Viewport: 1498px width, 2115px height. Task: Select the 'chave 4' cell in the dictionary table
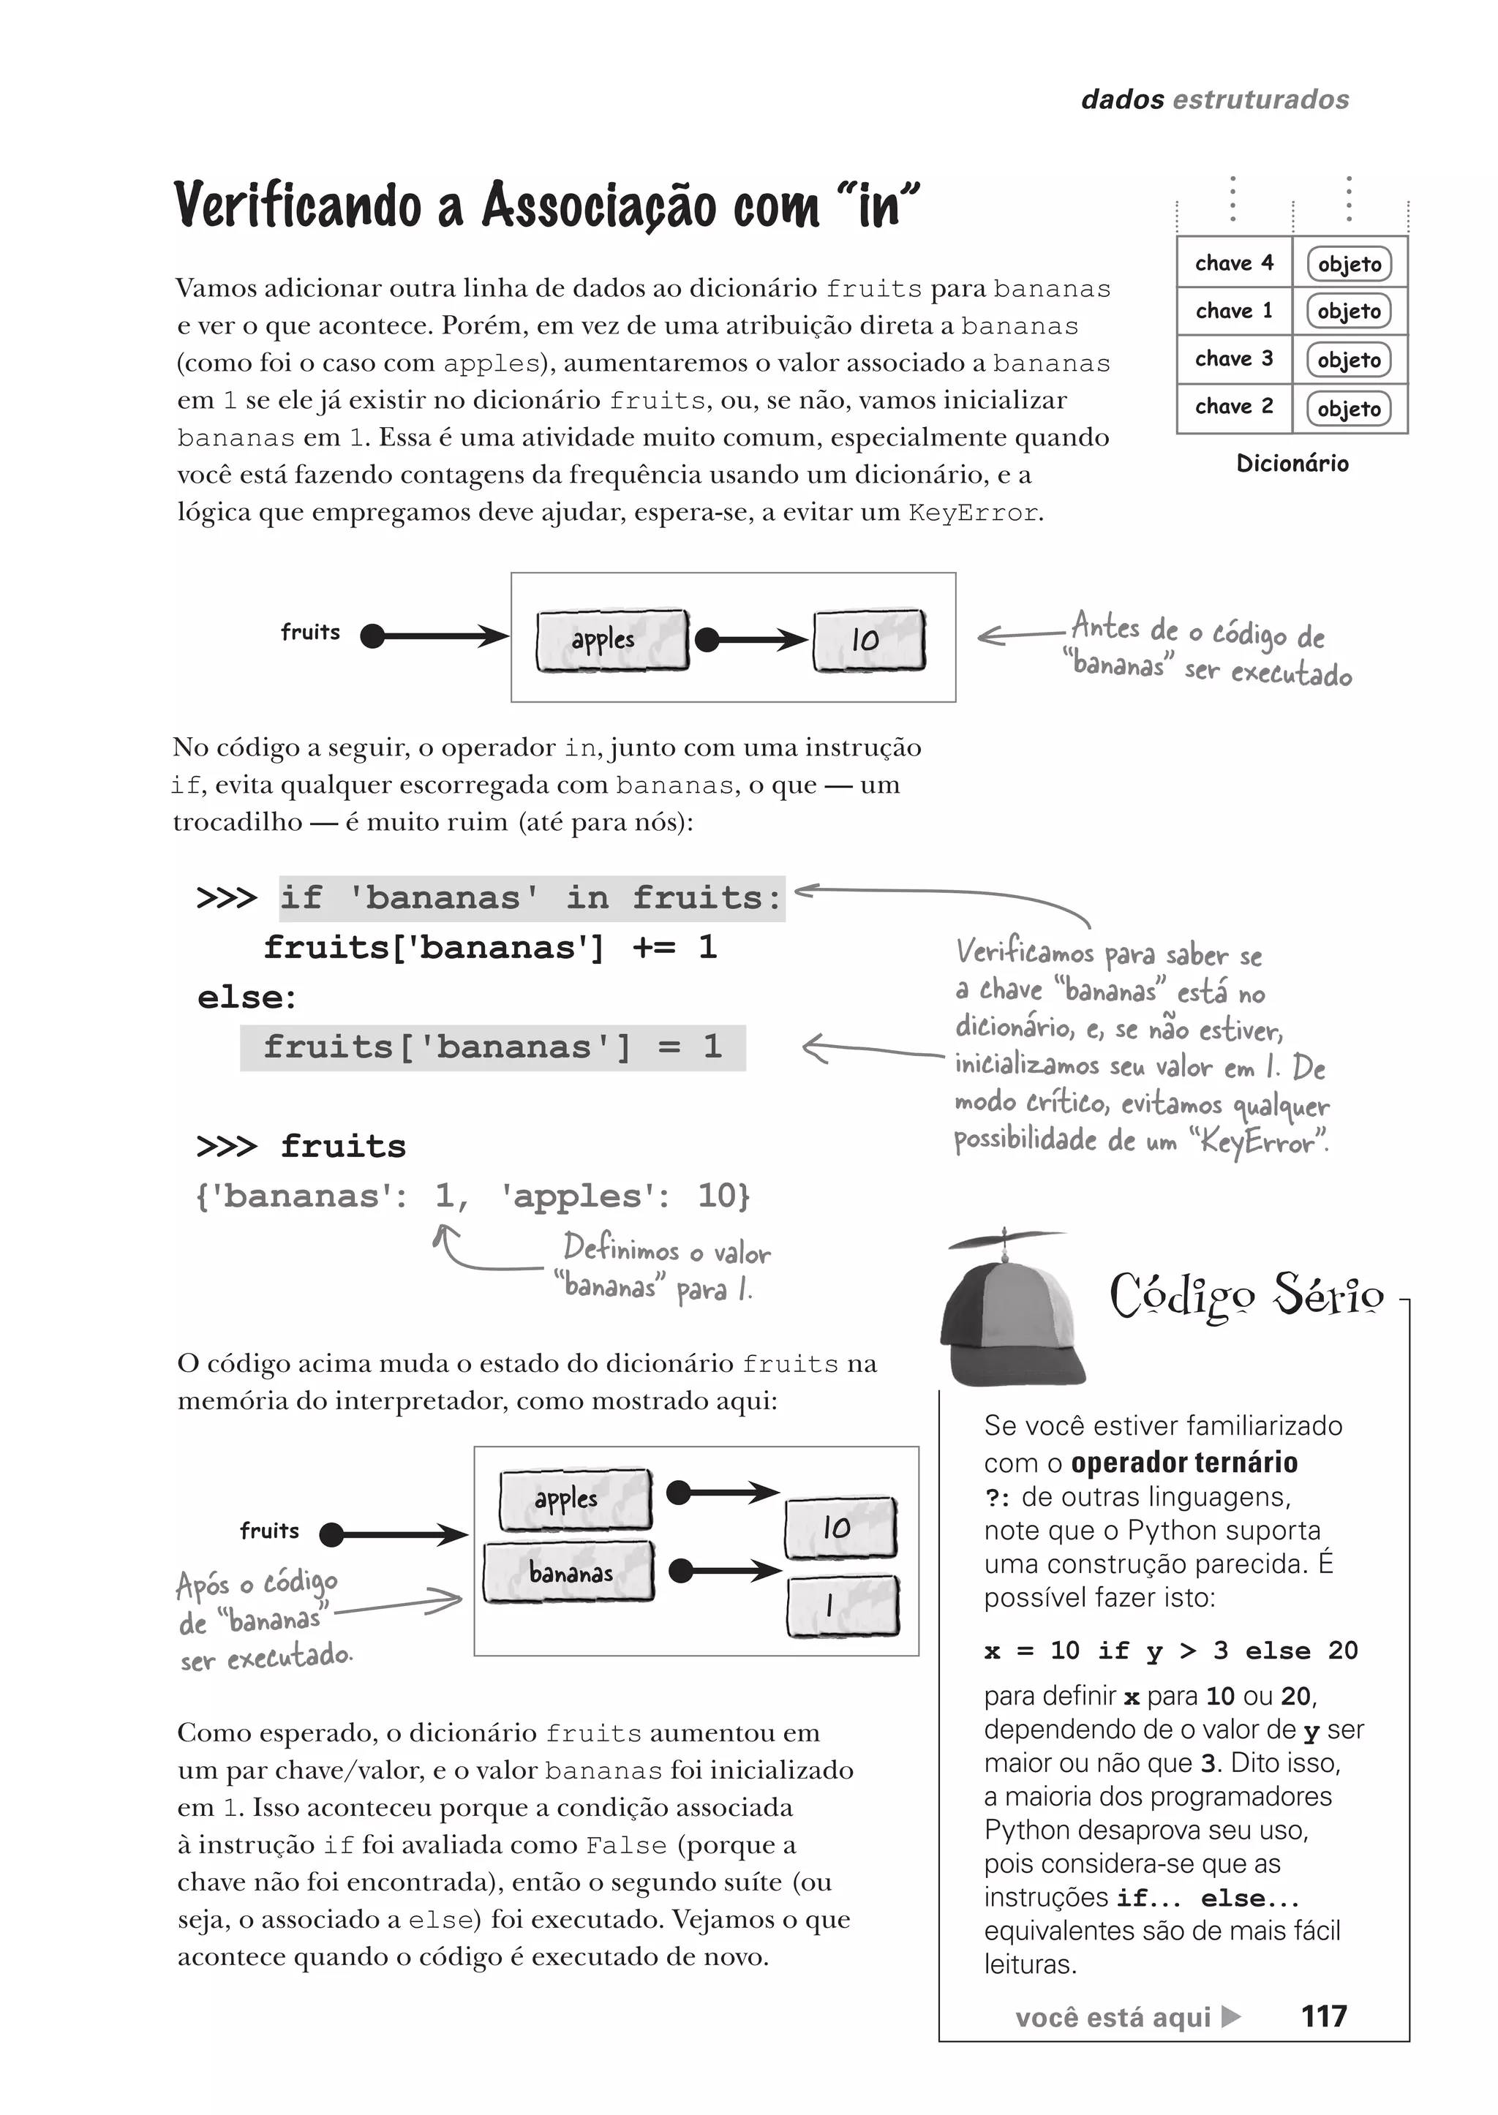point(1233,263)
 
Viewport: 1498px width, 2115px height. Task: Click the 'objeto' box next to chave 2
point(1349,409)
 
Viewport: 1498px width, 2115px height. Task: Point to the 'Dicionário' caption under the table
point(1292,463)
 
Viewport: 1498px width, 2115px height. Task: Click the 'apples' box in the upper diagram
point(611,639)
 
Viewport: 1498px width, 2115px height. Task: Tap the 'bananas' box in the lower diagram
point(569,1572)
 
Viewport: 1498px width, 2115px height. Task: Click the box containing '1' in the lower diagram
point(841,1606)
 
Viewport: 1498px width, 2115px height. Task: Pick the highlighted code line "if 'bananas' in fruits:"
point(531,897)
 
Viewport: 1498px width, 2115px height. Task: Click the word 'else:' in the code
point(246,997)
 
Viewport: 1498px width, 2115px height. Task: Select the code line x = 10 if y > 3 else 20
point(1170,1650)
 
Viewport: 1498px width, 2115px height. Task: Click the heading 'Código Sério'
point(1246,1296)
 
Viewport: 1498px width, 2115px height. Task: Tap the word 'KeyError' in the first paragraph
point(972,513)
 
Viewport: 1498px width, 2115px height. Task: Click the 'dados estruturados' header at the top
point(1214,99)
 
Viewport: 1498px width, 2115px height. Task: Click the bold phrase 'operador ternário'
point(1183,1462)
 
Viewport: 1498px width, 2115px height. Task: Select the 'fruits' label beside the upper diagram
point(310,632)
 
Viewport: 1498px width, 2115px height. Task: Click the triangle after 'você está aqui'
point(1230,2016)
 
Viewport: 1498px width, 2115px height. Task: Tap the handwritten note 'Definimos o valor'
point(666,1250)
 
